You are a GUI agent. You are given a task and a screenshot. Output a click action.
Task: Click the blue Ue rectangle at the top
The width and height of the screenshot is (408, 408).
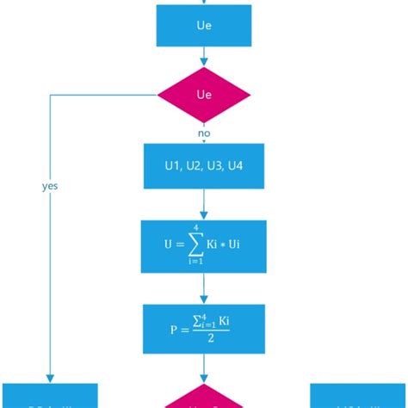click(x=204, y=26)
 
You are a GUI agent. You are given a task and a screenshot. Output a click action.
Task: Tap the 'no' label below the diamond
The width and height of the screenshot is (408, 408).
click(x=205, y=134)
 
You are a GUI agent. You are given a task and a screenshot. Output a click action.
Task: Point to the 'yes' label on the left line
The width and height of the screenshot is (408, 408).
click(x=50, y=185)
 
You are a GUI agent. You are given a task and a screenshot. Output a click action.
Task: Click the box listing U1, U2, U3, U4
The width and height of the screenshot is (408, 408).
click(x=204, y=166)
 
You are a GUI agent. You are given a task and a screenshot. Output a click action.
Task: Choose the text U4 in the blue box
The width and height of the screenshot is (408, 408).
click(x=237, y=166)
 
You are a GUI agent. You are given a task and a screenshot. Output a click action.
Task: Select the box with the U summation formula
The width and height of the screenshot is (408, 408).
click(x=204, y=244)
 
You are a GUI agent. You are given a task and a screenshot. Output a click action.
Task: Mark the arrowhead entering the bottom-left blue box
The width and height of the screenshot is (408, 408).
click(x=50, y=379)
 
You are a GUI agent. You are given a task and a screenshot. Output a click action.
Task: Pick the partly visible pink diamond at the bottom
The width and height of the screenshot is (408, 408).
click(x=204, y=399)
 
